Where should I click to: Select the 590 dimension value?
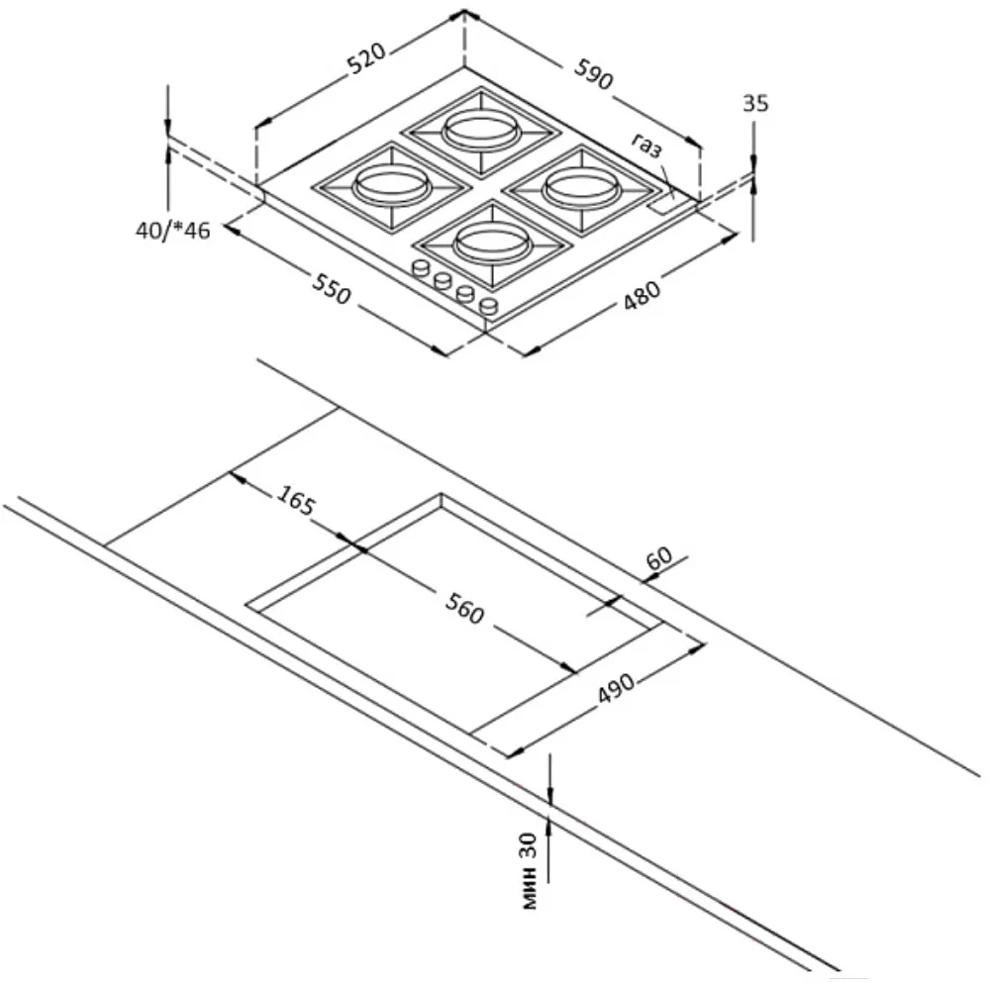pos(595,77)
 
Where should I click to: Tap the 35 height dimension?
pos(754,103)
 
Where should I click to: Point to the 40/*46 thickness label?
pos(173,232)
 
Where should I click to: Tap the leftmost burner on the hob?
pos(388,184)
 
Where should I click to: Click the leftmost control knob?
pos(420,267)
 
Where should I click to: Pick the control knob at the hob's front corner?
pos(487,307)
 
